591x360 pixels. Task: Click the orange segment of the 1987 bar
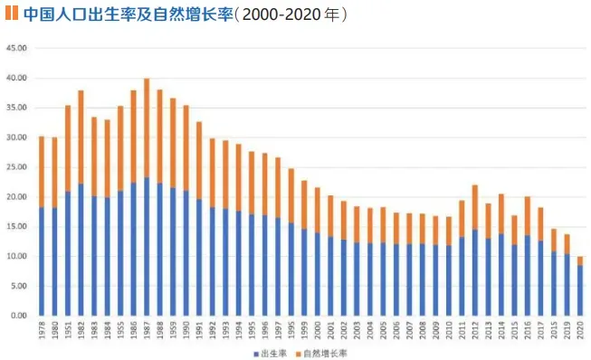click(x=147, y=128)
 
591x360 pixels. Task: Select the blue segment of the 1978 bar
click(x=41, y=261)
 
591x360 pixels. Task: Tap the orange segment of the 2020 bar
click(x=579, y=261)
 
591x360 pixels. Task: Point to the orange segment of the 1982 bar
click(x=81, y=137)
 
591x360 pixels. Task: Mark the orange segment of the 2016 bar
click(x=527, y=215)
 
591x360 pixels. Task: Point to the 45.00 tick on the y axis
click(x=19, y=49)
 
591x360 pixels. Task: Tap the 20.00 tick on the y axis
click(x=19, y=197)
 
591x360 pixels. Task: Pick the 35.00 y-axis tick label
click(x=19, y=108)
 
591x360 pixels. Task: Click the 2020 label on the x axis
click(x=579, y=330)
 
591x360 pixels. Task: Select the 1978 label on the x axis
click(x=41, y=330)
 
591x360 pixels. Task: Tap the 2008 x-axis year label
click(x=422, y=330)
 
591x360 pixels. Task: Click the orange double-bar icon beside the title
click(x=13, y=14)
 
